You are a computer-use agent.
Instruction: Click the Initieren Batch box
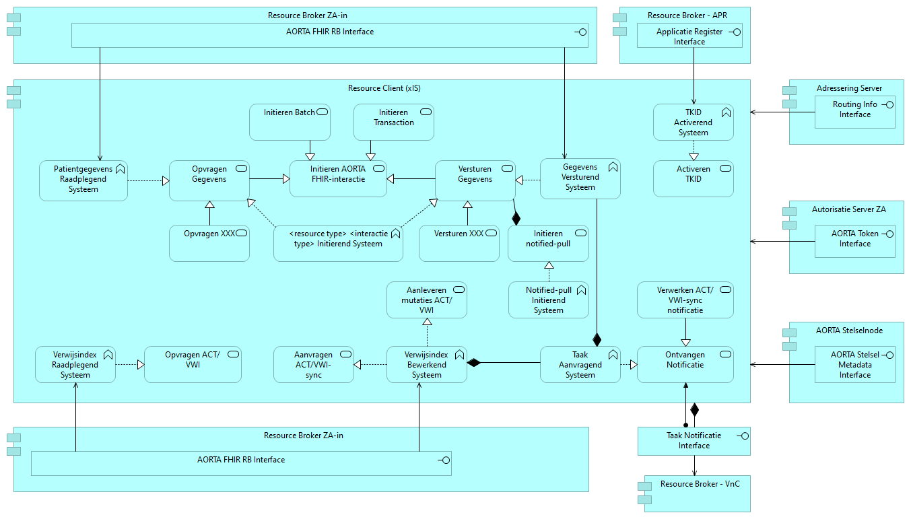[x=290, y=122]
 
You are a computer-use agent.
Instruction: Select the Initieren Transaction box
[x=394, y=122]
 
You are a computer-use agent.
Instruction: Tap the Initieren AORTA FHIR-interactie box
[x=338, y=178]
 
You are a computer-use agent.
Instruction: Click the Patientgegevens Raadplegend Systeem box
[x=83, y=180]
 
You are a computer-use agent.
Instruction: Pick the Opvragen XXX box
[x=209, y=243]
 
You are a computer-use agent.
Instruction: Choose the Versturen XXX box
[x=459, y=243]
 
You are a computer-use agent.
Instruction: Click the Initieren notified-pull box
[x=548, y=242]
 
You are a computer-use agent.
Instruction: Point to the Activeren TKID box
[x=694, y=178]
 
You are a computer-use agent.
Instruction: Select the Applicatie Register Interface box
[x=689, y=36]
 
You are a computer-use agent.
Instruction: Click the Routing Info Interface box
[x=854, y=111]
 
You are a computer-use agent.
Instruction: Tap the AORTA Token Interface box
[x=854, y=240]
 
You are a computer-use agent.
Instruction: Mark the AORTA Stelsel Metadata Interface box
[x=854, y=364]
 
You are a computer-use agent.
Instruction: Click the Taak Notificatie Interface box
[x=694, y=441]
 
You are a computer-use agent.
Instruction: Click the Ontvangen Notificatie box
[x=685, y=364]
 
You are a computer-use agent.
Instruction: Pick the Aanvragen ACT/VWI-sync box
[x=314, y=364]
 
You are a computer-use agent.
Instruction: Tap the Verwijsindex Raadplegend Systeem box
[x=75, y=364]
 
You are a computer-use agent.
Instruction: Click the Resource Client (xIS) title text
[x=384, y=88]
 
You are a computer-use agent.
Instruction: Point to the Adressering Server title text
[x=849, y=88]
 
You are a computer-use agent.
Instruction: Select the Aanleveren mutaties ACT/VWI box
[x=427, y=300]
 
